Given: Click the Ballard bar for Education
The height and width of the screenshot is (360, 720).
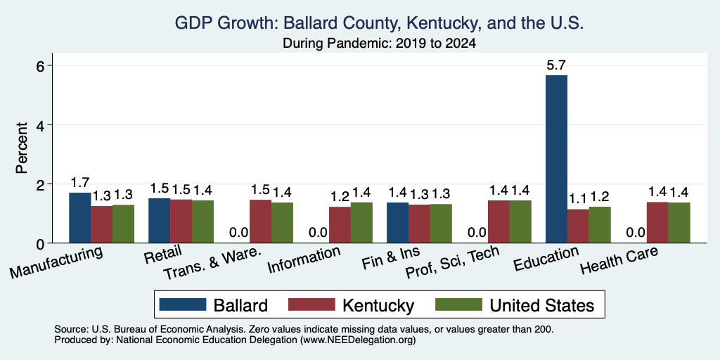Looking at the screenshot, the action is click(556, 159).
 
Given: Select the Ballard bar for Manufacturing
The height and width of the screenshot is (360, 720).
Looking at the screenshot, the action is click(80, 218).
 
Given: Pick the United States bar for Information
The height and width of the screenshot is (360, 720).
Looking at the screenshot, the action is click(361, 223).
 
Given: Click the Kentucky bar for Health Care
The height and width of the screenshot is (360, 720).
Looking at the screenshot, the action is click(657, 223).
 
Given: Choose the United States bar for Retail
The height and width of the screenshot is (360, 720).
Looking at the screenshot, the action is click(202, 221).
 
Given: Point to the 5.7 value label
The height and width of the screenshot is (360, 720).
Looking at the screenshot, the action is click(556, 65).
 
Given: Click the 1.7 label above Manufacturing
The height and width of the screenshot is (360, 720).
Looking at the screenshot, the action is click(80, 183).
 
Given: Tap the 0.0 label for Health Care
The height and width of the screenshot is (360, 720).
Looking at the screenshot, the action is click(636, 233).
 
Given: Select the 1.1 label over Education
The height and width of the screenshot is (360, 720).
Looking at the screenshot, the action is click(578, 199).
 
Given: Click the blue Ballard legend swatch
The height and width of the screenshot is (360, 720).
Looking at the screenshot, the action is click(183, 304).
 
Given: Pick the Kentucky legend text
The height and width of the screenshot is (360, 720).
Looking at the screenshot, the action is click(378, 305).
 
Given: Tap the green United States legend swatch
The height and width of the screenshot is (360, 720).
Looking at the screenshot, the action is click(458, 304).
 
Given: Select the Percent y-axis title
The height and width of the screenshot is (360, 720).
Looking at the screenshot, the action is click(22, 148).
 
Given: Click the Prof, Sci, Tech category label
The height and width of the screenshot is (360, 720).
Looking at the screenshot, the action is click(452, 263).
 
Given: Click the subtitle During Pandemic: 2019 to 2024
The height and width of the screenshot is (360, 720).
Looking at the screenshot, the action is click(379, 43).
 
